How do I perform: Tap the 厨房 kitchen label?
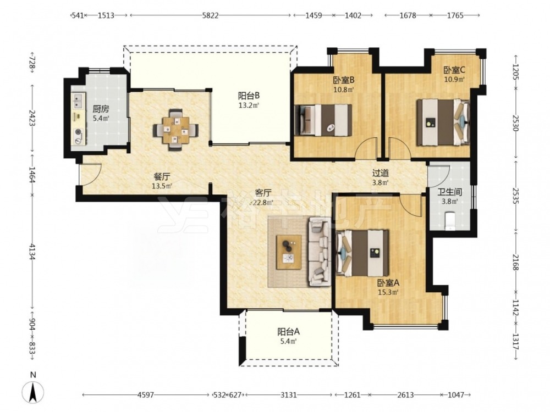pyautogui.click(x=101, y=109)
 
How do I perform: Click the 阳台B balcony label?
pyautogui.click(x=249, y=95)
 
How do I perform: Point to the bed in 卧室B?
pyautogui.click(x=323, y=120)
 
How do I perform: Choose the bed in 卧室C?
pyautogui.click(x=443, y=122)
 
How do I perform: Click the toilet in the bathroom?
pyautogui.click(x=450, y=221)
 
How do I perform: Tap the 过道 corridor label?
pyautogui.click(x=381, y=173)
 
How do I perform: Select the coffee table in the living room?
pyautogui.click(x=289, y=252)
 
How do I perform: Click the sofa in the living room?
pyautogui.click(x=319, y=252)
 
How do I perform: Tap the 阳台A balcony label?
pyautogui.click(x=288, y=331)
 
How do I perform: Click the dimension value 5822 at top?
pyautogui.click(x=211, y=15)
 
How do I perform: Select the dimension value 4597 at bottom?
pyautogui.click(x=146, y=395)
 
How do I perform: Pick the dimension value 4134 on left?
pyautogui.click(x=32, y=252)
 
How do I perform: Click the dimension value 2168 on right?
pyautogui.click(x=515, y=261)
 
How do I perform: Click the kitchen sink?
pyautogui.click(x=78, y=99)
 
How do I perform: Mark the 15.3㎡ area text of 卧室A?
pyautogui.click(x=388, y=292)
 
